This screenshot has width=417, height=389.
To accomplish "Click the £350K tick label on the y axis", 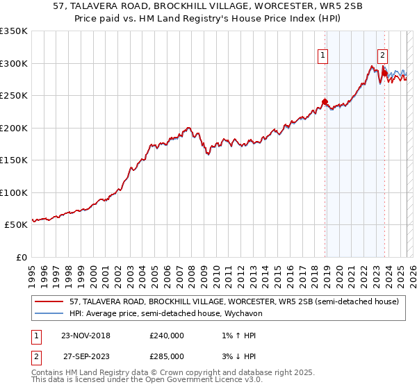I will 14,31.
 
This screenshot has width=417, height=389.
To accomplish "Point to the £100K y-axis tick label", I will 14,192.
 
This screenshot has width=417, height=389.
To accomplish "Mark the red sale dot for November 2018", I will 325,102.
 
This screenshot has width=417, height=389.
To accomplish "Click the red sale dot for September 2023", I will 384,73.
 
